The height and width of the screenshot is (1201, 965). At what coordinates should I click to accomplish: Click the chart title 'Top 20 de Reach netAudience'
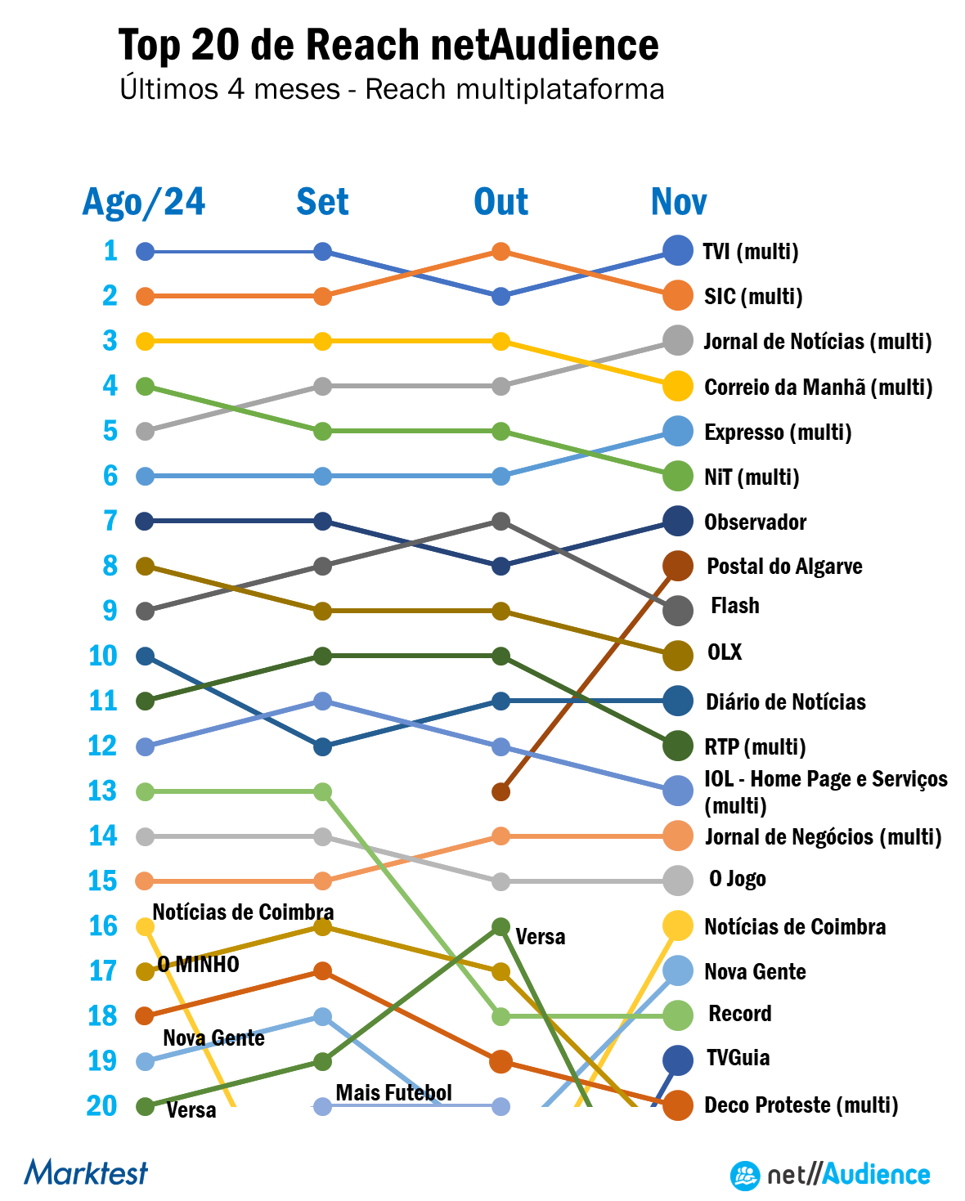tap(388, 45)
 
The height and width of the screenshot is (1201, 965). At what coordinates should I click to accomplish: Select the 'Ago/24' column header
tap(144, 202)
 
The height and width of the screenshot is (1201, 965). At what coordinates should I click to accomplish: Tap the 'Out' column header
tap(500, 202)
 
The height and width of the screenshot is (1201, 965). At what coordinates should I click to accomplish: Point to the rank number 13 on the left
tap(103, 791)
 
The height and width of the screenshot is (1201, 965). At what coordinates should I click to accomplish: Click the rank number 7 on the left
tap(110, 521)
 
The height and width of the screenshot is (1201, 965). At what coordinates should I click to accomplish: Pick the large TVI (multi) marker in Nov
tap(677, 250)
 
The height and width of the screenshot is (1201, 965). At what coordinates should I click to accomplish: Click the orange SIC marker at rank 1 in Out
tap(501, 252)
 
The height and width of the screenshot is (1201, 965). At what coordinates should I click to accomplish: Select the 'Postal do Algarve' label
tap(784, 566)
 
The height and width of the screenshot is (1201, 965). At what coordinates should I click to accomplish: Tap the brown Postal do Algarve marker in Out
tap(500, 791)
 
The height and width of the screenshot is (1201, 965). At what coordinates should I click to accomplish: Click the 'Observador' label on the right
tap(756, 522)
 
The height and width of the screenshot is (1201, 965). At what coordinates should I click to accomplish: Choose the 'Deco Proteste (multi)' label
tap(801, 1105)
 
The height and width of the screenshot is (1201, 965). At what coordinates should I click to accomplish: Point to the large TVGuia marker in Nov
tap(677, 1060)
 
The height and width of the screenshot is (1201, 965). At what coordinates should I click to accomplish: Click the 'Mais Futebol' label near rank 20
tap(393, 1092)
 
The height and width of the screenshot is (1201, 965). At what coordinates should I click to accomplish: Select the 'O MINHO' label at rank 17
tap(199, 965)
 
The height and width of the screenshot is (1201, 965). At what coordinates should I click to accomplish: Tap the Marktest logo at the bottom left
tap(86, 1172)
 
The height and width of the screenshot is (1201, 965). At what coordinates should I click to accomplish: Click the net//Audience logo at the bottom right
tap(830, 1176)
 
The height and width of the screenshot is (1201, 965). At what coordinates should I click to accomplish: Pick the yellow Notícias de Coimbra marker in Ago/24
tap(145, 926)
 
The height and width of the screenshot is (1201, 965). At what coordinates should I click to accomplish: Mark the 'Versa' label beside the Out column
tap(540, 936)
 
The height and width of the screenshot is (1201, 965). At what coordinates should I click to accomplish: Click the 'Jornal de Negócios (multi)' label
tap(823, 836)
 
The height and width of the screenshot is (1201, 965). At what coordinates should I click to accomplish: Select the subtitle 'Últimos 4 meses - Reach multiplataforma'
tap(392, 88)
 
